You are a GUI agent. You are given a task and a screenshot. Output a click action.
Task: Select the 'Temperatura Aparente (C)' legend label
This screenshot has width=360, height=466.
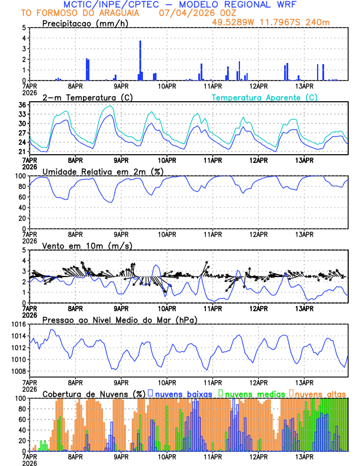[264, 97]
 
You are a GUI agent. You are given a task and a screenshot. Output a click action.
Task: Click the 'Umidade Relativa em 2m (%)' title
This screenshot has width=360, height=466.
[102, 171]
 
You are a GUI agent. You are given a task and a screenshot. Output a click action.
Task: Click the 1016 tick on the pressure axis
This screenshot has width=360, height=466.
[18, 324]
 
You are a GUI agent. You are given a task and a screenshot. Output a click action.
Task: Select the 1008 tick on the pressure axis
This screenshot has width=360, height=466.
[18, 371]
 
